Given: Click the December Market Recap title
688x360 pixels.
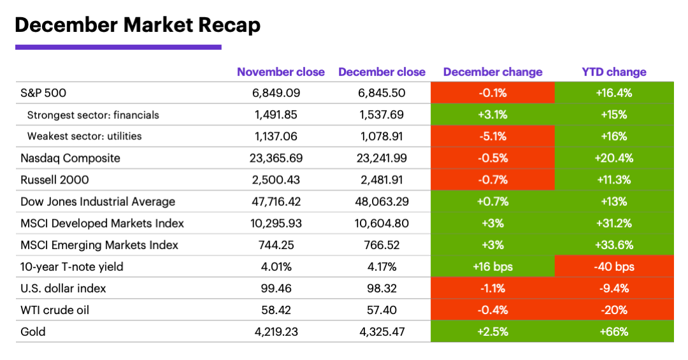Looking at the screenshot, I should (x=137, y=25).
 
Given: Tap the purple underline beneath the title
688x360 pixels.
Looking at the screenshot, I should (x=118, y=47).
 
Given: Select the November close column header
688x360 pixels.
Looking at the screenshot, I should (x=280, y=72).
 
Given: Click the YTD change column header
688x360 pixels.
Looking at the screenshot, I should (x=613, y=72).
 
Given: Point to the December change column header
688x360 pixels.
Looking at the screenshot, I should (x=492, y=72).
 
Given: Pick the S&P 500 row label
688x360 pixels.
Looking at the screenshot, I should (x=43, y=93).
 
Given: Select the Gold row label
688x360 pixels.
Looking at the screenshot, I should (x=32, y=332).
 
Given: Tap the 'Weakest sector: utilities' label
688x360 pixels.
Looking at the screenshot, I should (x=84, y=136).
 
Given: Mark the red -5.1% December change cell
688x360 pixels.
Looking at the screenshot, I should (x=492, y=136).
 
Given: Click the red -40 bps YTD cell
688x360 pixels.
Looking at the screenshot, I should (x=613, y=266).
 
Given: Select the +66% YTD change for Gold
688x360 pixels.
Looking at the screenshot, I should (x=613, y=332).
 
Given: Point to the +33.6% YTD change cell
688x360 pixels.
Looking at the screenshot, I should (x=613, y=245).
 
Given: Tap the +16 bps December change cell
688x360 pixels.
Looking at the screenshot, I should (x=492, y=266).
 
